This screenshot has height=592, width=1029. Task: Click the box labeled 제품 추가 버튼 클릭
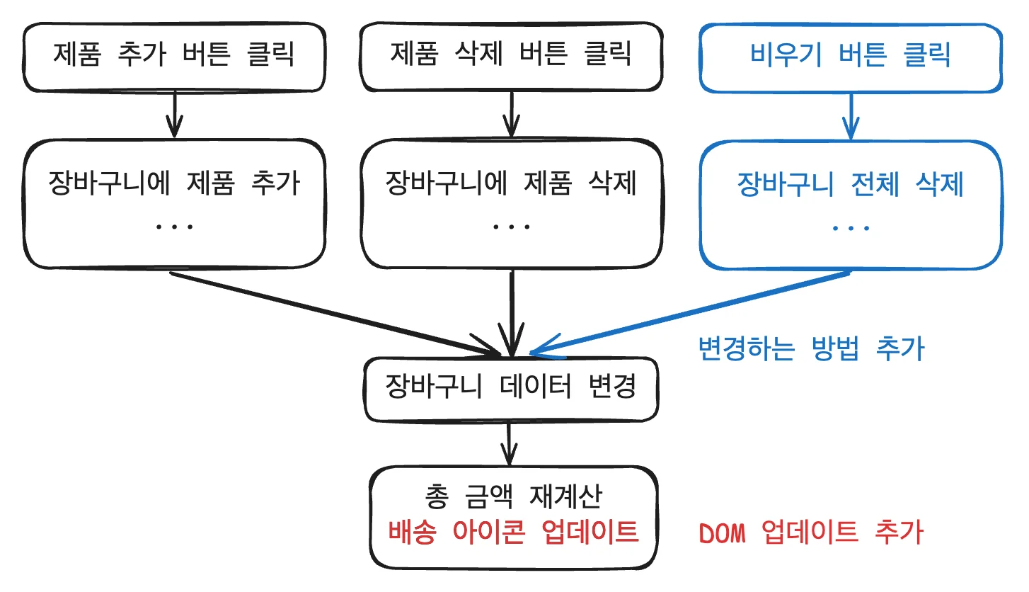[173, 56]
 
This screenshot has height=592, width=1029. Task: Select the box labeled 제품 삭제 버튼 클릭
[510, 56]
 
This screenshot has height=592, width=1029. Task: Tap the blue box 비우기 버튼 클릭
[850, 56]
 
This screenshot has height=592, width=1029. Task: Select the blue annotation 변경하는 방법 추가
[811, 348]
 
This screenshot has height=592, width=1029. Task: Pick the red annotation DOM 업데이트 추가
[811, 533]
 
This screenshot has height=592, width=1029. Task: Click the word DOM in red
[722, 533]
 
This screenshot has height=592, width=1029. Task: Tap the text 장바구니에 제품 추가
[174, 184]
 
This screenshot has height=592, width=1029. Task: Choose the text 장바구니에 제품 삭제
[511, 184]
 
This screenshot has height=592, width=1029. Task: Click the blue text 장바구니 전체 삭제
[851, 186]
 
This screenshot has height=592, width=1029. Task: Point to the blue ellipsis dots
[851, 228]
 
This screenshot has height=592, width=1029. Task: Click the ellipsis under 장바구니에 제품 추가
[174, 227]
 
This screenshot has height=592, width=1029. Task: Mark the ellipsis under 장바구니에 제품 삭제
[511, 227]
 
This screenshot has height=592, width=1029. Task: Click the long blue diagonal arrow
[694, 312]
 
